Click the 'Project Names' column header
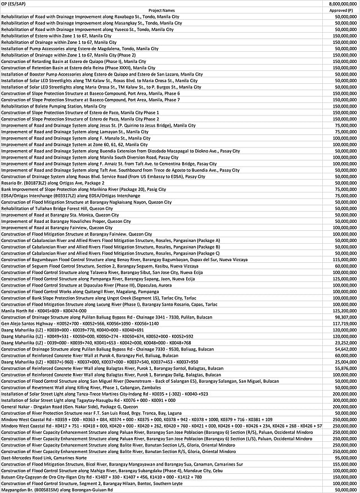(x=161, y=10)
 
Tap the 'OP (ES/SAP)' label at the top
(x=16, y=4)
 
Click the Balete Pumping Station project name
(x=53, y=106)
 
